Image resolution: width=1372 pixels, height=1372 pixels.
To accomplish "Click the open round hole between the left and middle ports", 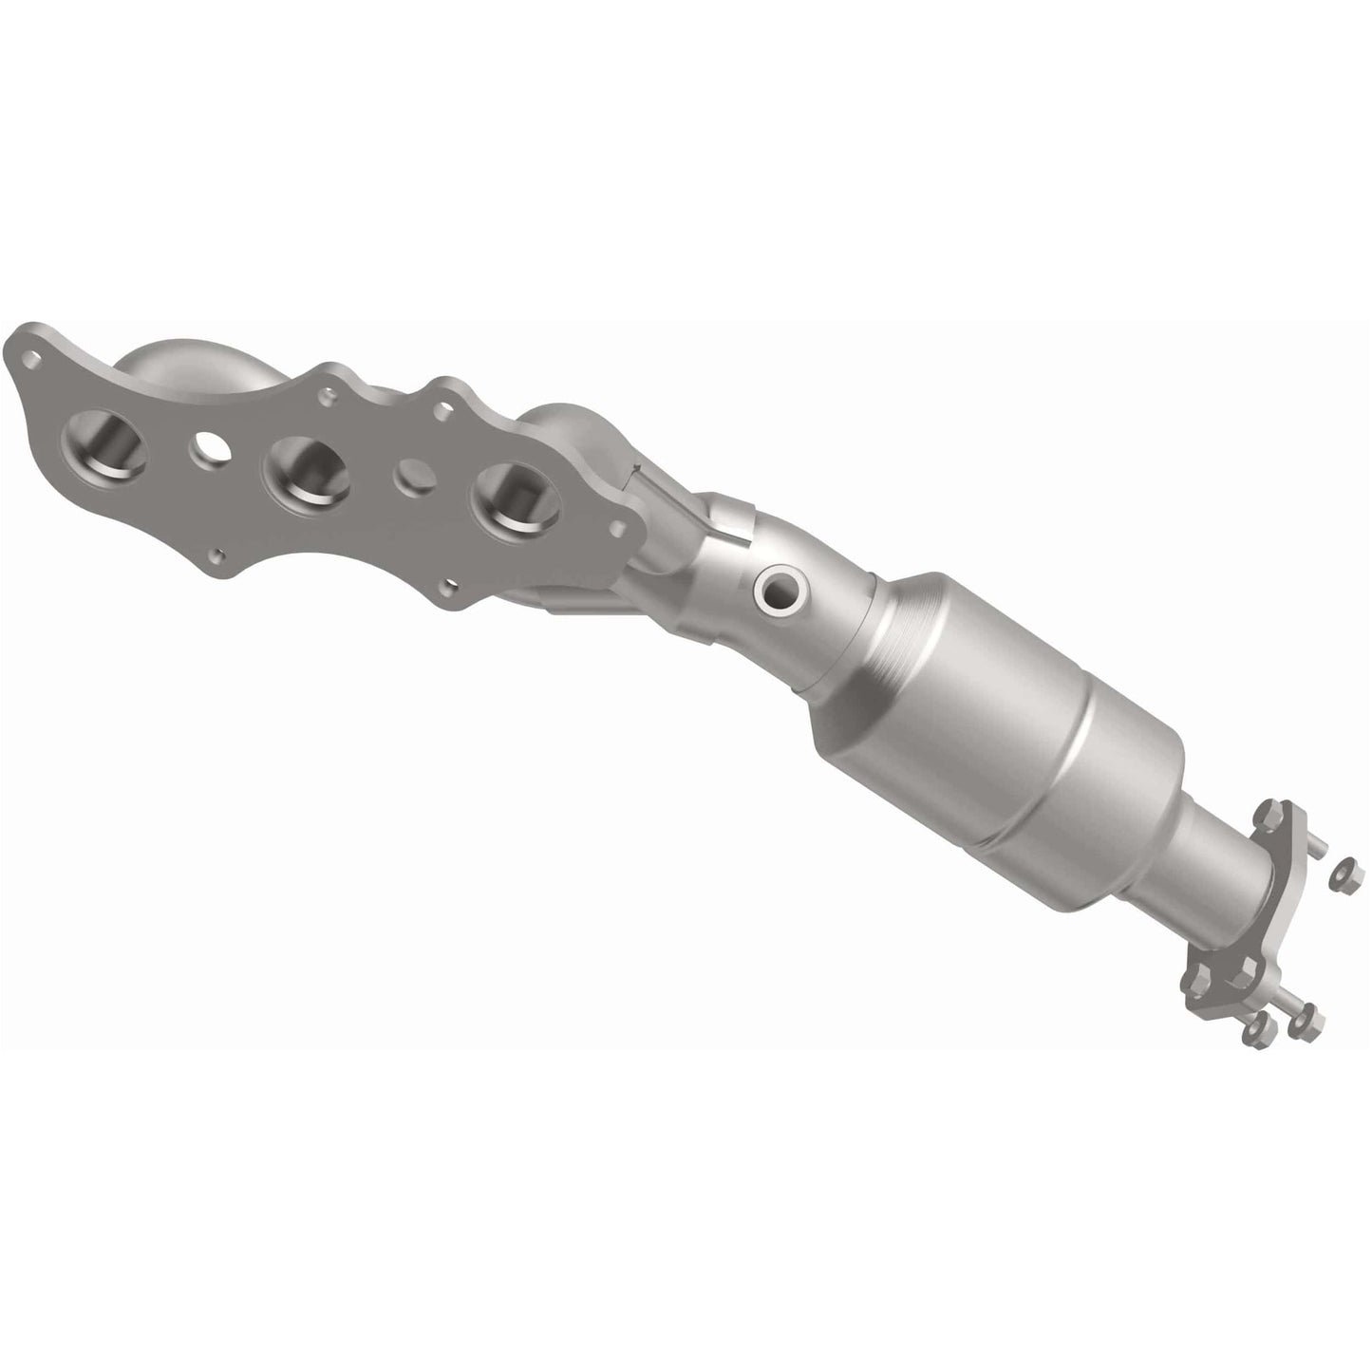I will (x=210, y=449).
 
